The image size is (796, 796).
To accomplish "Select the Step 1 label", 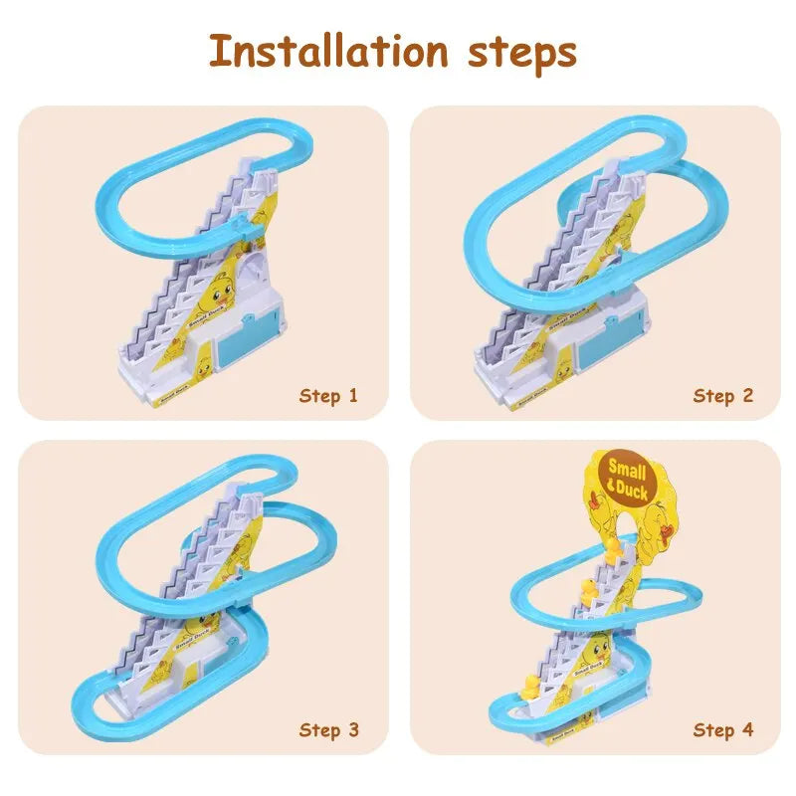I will click(327, 396).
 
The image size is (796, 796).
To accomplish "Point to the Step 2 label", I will click(723, 396).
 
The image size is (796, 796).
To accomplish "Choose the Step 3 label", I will click(327, 730).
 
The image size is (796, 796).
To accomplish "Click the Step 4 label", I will click(723, 730).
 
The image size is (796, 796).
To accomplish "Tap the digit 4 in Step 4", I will click(747, 730).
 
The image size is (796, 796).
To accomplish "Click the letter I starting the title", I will click(218, 50).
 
